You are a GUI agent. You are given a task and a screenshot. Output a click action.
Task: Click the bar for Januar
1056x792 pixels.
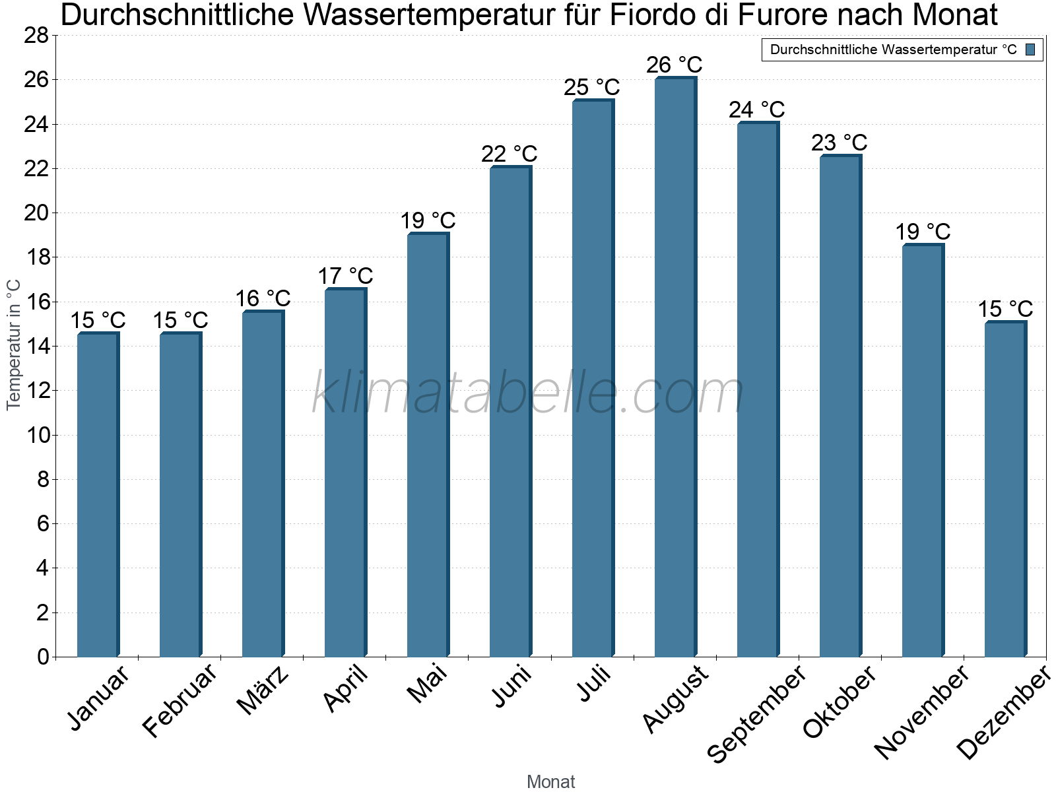coord(97,495)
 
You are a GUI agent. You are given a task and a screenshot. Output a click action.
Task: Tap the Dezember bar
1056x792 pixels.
coord(1005,489)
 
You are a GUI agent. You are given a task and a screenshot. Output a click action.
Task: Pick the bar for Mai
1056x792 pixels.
coord(427,445)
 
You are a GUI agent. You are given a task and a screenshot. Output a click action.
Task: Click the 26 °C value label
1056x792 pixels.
coord(674,65)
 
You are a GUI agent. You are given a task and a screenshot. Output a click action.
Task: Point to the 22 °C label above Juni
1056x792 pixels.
coord(509,154)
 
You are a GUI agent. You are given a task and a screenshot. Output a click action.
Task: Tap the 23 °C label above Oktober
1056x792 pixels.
coord(839,143)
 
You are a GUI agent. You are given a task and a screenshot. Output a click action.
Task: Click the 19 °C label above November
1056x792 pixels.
coord(922,232)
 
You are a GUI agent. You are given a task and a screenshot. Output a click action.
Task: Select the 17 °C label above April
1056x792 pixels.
coord(345,276)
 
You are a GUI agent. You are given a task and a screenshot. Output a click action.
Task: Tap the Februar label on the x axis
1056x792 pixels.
coord(180,700)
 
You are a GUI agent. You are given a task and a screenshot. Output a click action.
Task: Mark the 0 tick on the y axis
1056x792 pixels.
coord(43,657)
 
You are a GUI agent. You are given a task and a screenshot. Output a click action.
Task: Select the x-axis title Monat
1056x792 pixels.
coord(550,781)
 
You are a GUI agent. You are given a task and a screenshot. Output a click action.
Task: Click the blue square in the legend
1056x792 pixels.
coord(1031,49)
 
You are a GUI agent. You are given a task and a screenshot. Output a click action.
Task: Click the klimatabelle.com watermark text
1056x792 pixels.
coord(528,393)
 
